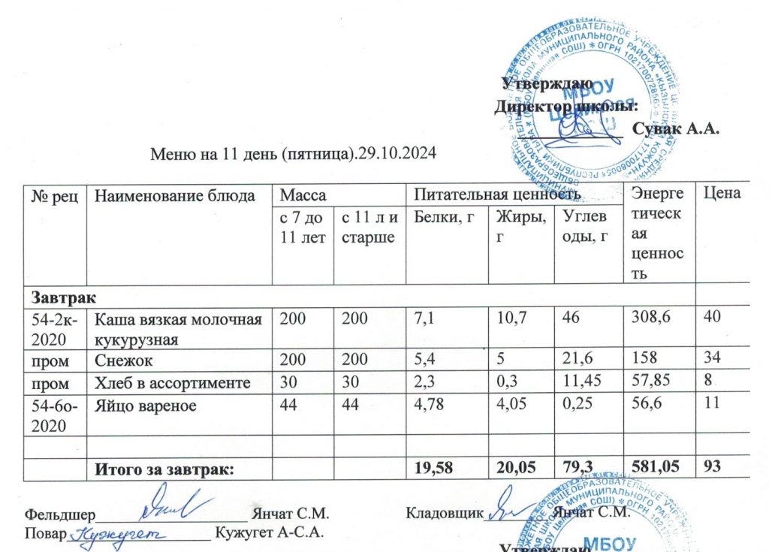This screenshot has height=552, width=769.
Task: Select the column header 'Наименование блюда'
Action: pyautogui.click(x=172, y=196)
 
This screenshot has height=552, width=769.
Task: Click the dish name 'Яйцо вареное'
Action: pyautogui.click(x=145, y=406)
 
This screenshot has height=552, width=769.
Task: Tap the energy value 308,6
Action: pyautogui.click(x=650, y=318)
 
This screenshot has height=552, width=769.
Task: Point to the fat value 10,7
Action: pyautogui.click(x=511, y=318)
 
